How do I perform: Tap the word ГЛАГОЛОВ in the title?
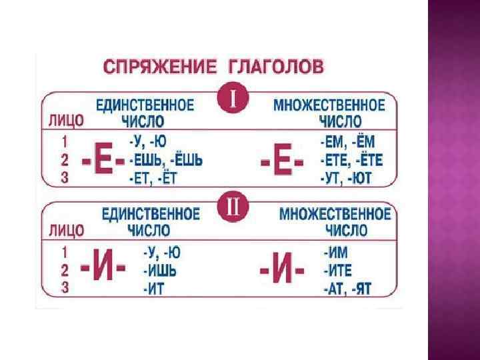[x=277, y=66]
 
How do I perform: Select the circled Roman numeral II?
[x=233, y=208]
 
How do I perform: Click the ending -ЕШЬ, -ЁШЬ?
[x=165, y=161]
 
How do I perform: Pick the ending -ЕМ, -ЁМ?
[x=347, y=142]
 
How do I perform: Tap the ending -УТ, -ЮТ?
[x=346, y=178]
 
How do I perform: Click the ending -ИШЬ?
[x=162, y=271]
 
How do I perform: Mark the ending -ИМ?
[x=335, y=253]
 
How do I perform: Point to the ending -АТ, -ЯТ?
[x=347, y=289]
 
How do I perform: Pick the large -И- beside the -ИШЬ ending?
[x=104, y=271]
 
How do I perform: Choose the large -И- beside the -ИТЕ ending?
[x=281, y=271]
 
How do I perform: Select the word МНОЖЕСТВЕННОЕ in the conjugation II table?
[x=335, y=214]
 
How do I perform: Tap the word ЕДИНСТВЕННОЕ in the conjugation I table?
[x=145, y=105]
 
